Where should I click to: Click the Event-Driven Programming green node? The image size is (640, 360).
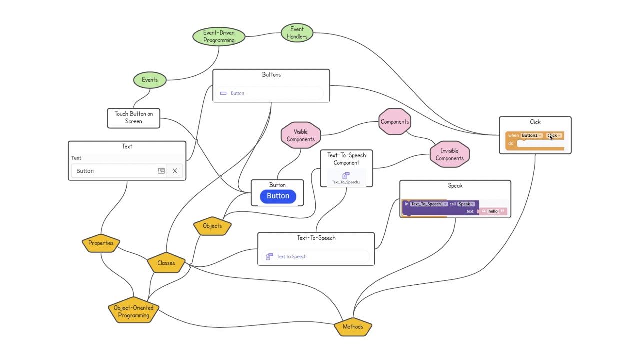(219, 36)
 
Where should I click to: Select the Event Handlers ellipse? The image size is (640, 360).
(297, 33)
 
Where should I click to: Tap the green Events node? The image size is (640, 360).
(150, 80)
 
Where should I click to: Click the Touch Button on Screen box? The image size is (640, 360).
(134, 118)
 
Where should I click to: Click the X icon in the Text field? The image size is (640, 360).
(175, 171)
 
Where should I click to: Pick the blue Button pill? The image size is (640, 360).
(278, 196)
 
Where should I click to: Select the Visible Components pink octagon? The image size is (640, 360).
(300, 135)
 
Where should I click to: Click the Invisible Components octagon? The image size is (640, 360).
(449, 154)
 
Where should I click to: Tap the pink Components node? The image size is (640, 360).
(394, 122)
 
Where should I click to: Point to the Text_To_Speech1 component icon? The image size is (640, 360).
(346, 176)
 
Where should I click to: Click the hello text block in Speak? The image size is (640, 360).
(493, 211)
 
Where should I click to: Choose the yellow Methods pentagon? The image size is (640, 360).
(353, 327)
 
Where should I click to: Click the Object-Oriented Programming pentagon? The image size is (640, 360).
(133, 311)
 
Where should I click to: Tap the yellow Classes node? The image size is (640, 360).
(166, 263)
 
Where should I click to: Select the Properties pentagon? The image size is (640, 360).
(101, 243)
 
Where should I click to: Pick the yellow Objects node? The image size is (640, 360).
(212, 226)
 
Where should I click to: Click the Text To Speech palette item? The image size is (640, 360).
(292, 256)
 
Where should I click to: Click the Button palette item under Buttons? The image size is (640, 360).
(237, 93)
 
